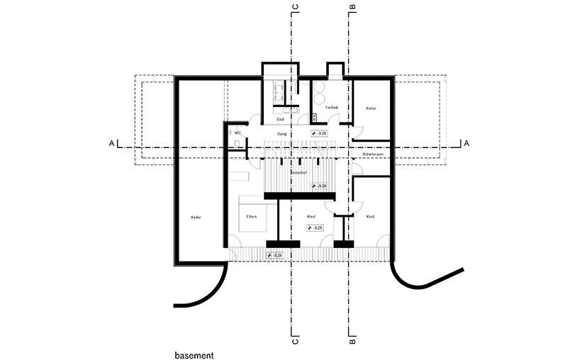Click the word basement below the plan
pos(194,352)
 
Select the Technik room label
pos(332,108)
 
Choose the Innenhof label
pos(298,172)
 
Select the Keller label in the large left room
pos(196,217)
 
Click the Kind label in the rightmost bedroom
pos(370,216)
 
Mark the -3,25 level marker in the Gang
pos(320,133)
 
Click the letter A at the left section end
pos(111,143)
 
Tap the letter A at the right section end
pos(466,143)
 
